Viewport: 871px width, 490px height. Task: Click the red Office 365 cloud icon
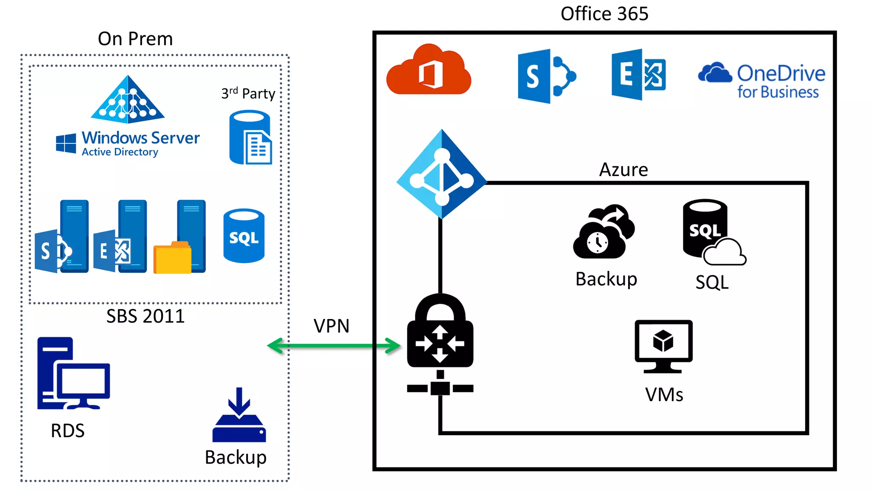tap(428, 70)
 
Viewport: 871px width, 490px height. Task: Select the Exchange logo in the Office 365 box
tap(638, 75)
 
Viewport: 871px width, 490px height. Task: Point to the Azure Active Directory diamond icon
tap(441, 174)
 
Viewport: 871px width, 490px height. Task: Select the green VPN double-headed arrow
tap(334, 345)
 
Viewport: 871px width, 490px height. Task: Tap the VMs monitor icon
tap(663, 346)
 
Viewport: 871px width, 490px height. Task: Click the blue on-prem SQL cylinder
tap(244, 236)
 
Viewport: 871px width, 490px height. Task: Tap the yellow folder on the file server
tap(172, 258)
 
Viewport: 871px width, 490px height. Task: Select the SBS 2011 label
tap(145, 316)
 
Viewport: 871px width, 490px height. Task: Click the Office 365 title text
tap(604, 14)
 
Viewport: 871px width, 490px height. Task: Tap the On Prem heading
tap(135, 39)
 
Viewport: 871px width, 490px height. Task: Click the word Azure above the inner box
tap(623, 170)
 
